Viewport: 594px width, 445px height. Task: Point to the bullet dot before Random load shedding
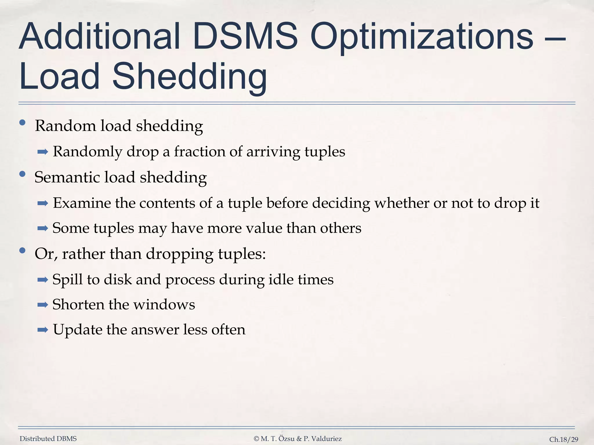click(22, 123)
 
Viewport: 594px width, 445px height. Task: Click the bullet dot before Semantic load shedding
click(22, 174)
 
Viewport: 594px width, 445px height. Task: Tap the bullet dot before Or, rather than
click(22, 251)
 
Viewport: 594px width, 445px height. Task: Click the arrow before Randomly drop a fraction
click(43, 152)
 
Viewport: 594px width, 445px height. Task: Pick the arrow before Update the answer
click(43, 330)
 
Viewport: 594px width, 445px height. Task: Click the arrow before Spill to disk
click(43, 280)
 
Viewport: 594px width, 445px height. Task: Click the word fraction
click(199, 152)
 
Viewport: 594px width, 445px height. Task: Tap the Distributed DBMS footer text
click(48, 439)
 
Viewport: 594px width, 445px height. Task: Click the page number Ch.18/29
click(564, 439)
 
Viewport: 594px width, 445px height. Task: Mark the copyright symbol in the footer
click(256, 439)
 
